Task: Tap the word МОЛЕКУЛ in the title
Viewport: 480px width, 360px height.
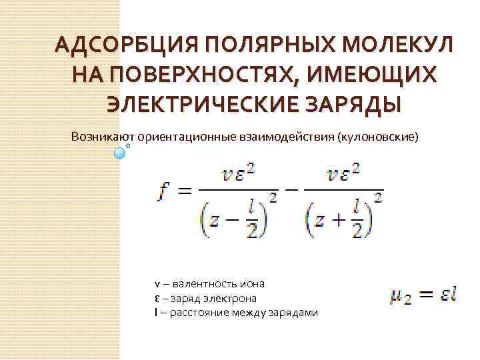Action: click(x=399, y=46)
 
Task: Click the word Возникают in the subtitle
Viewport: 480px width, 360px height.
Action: click(x=98, y=137)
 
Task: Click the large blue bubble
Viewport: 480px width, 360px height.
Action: click(x=120, y=153)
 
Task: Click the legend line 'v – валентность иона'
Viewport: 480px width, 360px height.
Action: click(x=209, y=283)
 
